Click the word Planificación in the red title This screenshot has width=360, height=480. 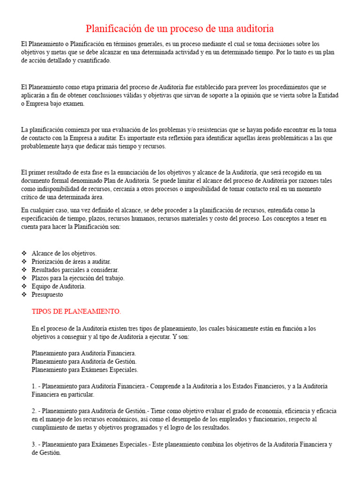pyautogui.click(x=114, y=29)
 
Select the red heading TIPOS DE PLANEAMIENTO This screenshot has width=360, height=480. pyautogui.click(x=76, y=311)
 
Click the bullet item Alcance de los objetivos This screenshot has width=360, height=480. pyautogui.click(x=64, y=253)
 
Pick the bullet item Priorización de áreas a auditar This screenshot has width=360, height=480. pyautogui.click(x=71, y=262)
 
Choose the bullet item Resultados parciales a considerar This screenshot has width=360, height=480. pyautogui.click(x=75, y=270)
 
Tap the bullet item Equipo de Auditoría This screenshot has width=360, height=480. pyautogui.click(x=59, y=286)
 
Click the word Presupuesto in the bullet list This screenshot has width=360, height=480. pyautogui.click(x=47, y=295)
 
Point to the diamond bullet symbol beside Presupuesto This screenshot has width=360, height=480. pyautogui.click(x=24, y=295)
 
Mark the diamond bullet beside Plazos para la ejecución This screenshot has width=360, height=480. pyautogui.click(x=24, y=278)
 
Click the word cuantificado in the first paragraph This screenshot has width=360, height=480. pyautogui.click(x=96, y=60)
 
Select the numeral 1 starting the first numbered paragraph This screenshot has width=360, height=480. pyautogui.click(x=33, y=386)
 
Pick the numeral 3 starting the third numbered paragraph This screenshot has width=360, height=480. pyautogui.click(x=33, y=444)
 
